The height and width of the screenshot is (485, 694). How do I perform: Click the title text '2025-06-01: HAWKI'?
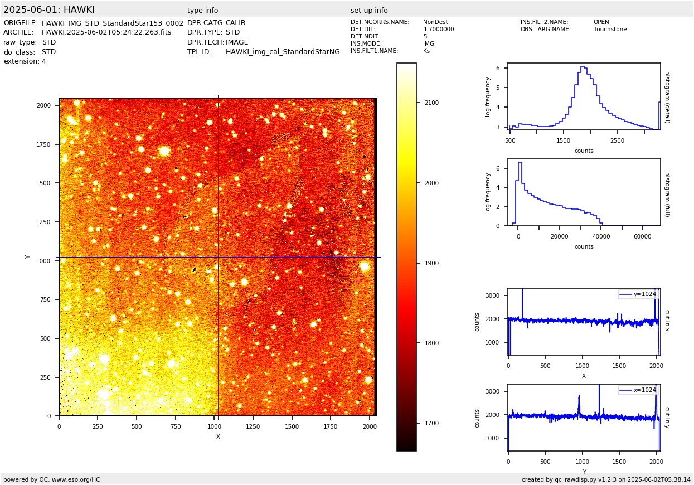point(49,10)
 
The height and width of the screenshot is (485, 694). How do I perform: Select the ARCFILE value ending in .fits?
point(106,32)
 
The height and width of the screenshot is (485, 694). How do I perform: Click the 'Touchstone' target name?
point(610,30)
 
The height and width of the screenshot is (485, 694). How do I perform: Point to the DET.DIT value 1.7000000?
point(438,30)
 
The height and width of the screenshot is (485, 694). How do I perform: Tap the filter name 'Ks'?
point(426,51)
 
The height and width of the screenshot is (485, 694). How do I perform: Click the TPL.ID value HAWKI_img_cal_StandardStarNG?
point(283,52)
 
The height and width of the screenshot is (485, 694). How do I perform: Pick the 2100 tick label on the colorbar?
point(431,103)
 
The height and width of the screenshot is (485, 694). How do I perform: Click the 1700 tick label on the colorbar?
point(431,423)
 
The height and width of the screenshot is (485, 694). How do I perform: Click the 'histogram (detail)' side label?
point(667,97)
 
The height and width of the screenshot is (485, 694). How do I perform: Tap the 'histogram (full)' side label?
point(667,194)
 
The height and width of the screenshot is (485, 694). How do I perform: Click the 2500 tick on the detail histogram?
point(617,140)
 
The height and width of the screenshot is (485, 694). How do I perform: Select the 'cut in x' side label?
point(667,321)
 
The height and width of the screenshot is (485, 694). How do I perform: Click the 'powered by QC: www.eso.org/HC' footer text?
point(52,479)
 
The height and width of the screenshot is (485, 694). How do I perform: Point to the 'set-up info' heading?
point(369,11)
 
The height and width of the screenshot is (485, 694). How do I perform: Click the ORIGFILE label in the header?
point(21,23)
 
